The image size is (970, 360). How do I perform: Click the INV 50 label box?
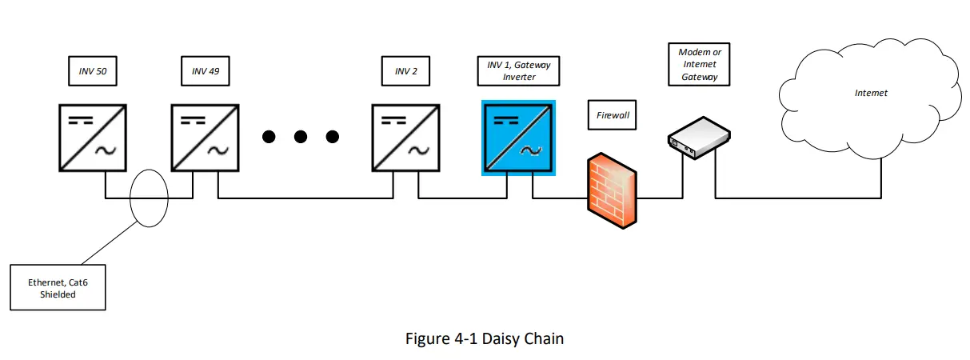click(x=93, y=71)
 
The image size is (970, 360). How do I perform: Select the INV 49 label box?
click(x=206, y=71)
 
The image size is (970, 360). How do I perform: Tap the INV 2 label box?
click(x=405, y=71)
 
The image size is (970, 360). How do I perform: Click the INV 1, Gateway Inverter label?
click(x=518, y=71)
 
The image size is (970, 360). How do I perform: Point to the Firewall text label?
click(x=613, y=115)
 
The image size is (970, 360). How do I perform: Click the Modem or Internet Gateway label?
click(x=699, y=64)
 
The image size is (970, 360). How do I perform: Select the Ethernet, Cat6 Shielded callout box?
click(x=58, y=288)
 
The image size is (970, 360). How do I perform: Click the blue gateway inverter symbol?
click(x=518, y=138)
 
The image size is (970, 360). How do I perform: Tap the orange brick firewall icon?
click(x=612, y=190)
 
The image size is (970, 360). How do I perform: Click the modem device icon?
click(x=699, y=138)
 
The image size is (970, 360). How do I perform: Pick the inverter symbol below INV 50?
click(x=93, y=138)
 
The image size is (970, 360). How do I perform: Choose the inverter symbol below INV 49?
click(x=206, y=138)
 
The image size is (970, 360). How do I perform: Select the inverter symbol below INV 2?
click(x=405, y=138)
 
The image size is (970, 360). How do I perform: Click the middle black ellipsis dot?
click(x=301, y=137)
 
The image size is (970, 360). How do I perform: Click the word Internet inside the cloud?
click(x=871, y=93)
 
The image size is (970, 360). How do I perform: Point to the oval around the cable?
click(x=149, y=198)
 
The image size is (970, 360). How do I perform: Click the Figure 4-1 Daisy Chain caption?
click(x=485, y=338)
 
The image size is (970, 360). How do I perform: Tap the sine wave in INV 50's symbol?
click(x=106, y=150)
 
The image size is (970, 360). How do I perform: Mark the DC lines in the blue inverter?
click(x=506, y=120)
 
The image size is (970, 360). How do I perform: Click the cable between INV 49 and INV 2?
click(x=305, y=198)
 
